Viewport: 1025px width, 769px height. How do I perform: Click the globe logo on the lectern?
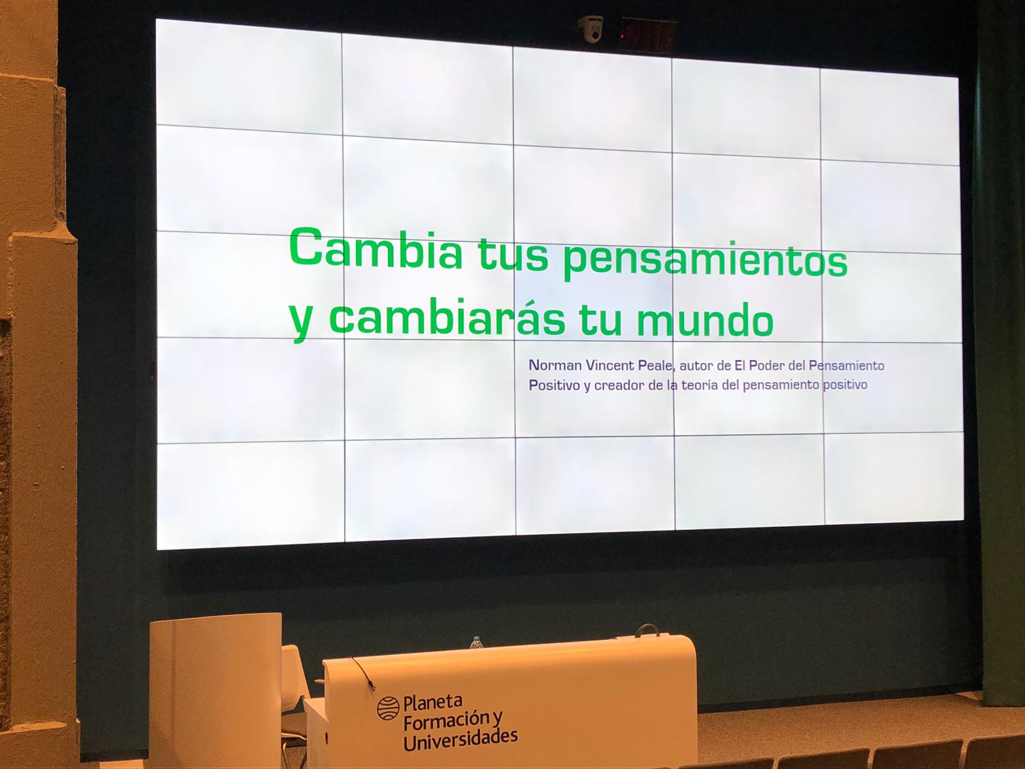click(388, 708)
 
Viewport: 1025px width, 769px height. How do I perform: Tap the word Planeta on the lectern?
click(433, 702)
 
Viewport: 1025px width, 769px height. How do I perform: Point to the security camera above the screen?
click(591, 29)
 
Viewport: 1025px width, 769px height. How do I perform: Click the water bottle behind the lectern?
click(476, 643)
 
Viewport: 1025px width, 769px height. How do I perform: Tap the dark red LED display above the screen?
click(648, 33)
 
